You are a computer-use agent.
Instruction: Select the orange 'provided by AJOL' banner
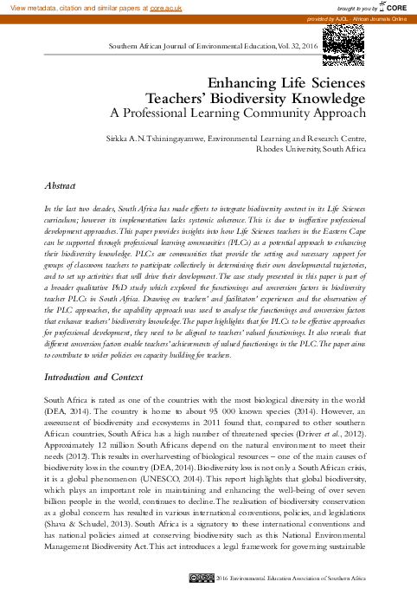(362, 17)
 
